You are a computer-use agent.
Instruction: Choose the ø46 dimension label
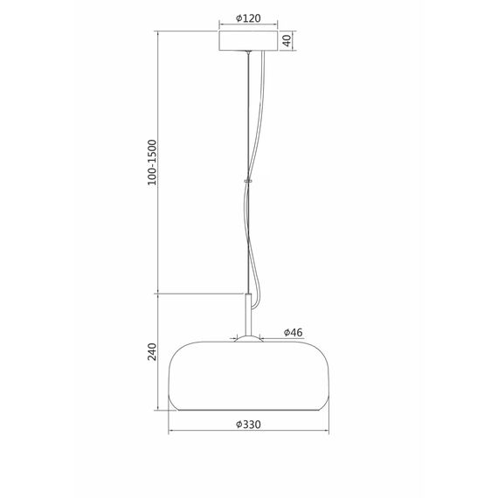[x=293, y=333]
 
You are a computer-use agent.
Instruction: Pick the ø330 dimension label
[x=249, y=425]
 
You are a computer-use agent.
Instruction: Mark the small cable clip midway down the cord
[x=249, y=182]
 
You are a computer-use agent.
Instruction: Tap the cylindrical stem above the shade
[x=249, y=315]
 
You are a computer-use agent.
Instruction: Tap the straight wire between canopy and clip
[x=248, y=114]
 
